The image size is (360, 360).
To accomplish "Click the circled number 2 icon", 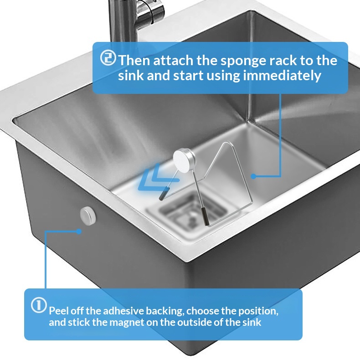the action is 108,57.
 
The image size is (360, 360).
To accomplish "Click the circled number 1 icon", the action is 39,305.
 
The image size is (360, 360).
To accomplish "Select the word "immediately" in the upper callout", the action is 282,76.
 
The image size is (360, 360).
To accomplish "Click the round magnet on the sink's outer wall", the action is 88,216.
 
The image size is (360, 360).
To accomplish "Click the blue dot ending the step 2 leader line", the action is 253,176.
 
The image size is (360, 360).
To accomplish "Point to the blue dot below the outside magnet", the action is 79,231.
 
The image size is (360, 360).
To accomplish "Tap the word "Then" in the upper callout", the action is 134,61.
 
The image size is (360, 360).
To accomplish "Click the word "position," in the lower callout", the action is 258,311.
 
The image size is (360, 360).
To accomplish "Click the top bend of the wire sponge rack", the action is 228,143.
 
